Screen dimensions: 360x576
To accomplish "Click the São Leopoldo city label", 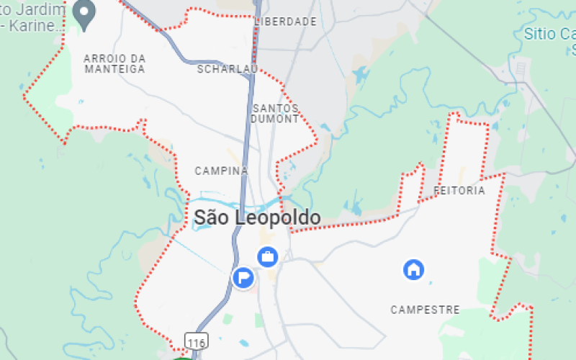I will pos(257,217).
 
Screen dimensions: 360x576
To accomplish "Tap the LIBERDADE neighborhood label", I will pos(286,22).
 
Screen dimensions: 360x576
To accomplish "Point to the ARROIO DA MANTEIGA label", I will pos(114,63).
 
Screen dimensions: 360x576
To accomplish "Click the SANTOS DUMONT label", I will pos(275,113).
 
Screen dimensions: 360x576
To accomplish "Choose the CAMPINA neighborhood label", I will pos(221,171).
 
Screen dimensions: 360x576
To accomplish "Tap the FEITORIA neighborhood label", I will pos(460,191).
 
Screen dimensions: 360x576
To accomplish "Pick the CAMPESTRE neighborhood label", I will pos(425,310).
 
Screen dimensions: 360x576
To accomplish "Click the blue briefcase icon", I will pos(268,256).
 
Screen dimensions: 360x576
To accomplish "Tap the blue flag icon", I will pos(243,276).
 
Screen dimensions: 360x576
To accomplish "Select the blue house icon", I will pos(413,270).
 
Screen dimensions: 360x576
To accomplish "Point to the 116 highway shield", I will pos(196,340).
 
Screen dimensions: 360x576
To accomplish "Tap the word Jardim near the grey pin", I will pos(43,9).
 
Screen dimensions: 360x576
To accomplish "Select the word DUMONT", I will pos(275,118).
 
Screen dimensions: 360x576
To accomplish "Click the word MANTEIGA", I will pos(114,69).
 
